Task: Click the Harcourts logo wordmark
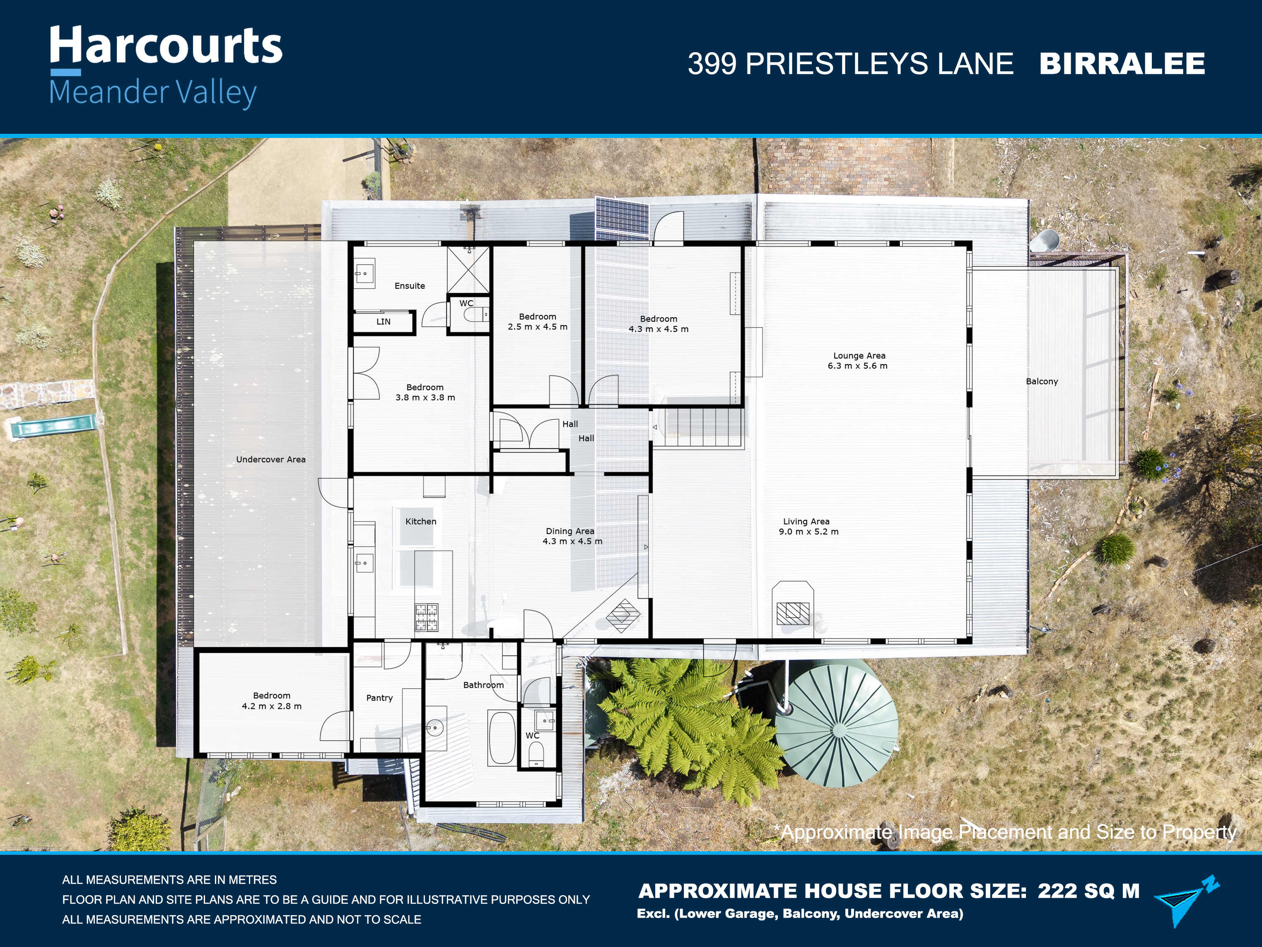click(x=166, y=45)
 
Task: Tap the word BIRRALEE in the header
click(x=1122, y=63)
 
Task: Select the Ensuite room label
click(x=410, y=286)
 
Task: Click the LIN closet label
click(x=384, y=322)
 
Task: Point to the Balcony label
click(x=1042, y=382)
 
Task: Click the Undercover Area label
click(x=271, y=459)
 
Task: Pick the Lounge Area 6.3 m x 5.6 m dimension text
click(x=858, y=360)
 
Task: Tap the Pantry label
click(x=379, y=698)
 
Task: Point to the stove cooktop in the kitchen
click(x=427, y=617)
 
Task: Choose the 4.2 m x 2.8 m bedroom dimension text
click(x=272, y=706)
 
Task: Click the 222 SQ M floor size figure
click(x=1088, y=891)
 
